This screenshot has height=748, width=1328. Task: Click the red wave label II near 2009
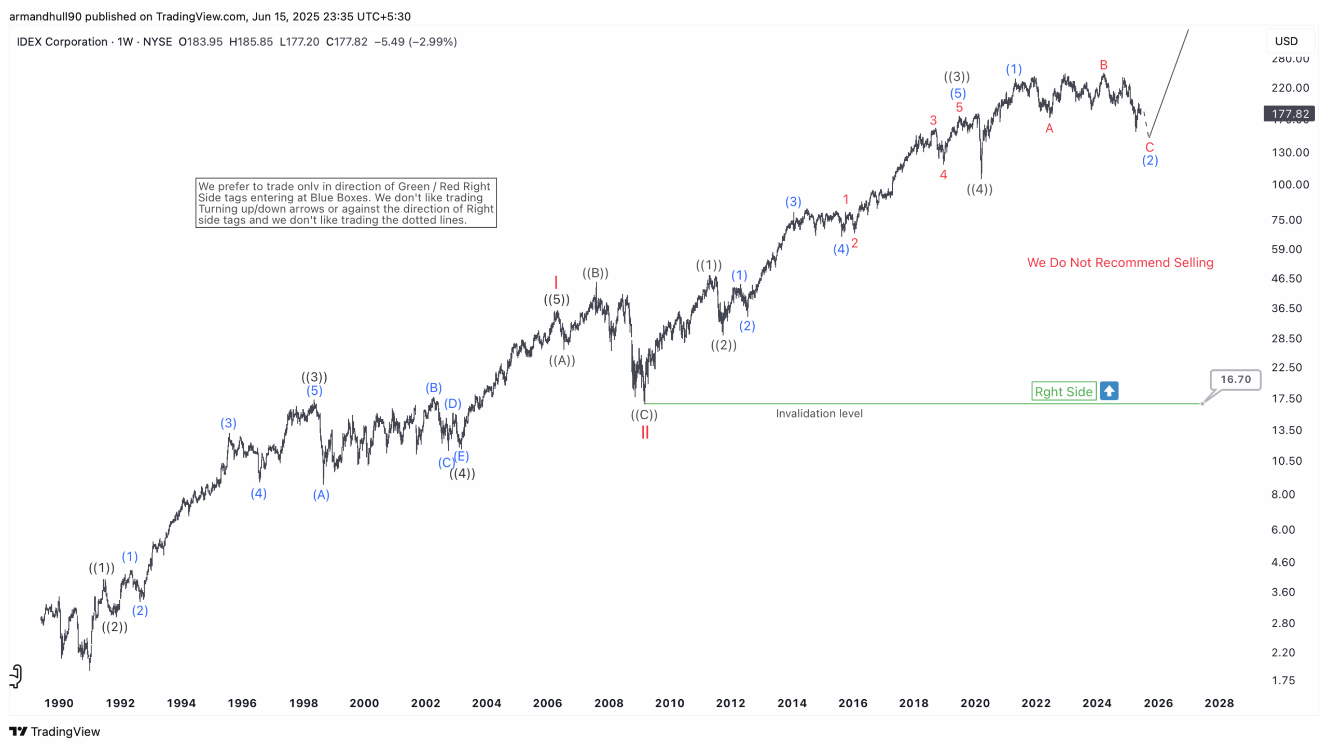pos(645,433)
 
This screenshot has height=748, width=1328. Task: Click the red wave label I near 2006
pos(556,283)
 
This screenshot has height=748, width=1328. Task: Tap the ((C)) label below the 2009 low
pos(644,415)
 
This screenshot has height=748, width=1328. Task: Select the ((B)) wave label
pos(595,273)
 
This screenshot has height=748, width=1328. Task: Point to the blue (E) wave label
pos(461,456)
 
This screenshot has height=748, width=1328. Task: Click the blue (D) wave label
pos(452,404)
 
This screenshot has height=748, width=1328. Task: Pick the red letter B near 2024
pos(1103,65)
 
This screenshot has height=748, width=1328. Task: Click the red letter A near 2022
pos(1049,129)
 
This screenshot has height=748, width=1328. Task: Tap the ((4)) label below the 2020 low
pos(979,189)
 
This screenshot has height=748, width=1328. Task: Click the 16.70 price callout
pos(1235,379)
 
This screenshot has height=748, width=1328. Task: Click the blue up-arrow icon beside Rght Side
pos(1109,391)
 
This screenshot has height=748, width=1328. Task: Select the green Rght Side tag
pos(1063,392)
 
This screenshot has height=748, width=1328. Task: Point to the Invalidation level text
pos(819,413)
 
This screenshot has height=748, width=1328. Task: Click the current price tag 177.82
pos(1290,114)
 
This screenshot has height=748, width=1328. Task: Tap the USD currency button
pos(1286,41)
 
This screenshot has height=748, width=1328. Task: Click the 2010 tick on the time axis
pos(669,703)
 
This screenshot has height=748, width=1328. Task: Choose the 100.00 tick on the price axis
pos(1290,185)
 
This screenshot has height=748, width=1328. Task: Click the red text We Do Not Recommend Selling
pos(1120,262)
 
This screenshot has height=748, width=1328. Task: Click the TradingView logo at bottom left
pos(54,731)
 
